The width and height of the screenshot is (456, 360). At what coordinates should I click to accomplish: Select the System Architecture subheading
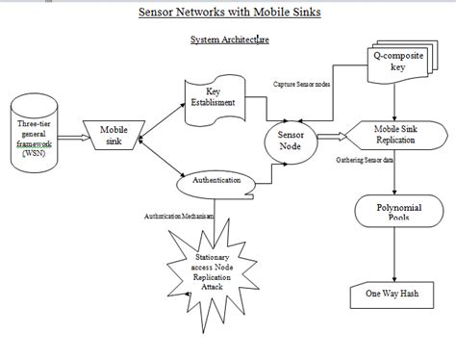point(228,41)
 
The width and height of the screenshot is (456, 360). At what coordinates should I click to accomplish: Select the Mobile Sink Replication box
point(394,133)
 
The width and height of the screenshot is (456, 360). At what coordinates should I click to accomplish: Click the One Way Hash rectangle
point(394,293)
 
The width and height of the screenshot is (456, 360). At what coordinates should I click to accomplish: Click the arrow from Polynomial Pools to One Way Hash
point(394,255)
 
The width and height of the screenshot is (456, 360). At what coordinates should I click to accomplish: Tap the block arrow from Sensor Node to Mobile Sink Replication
point(329,136)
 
